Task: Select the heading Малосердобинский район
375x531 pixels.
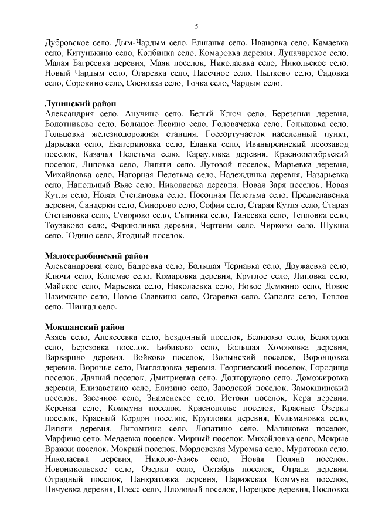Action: click(x=96, y=256)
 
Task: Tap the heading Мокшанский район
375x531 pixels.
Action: click(x=84, y=327)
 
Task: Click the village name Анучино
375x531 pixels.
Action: click(x=145, y=114)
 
